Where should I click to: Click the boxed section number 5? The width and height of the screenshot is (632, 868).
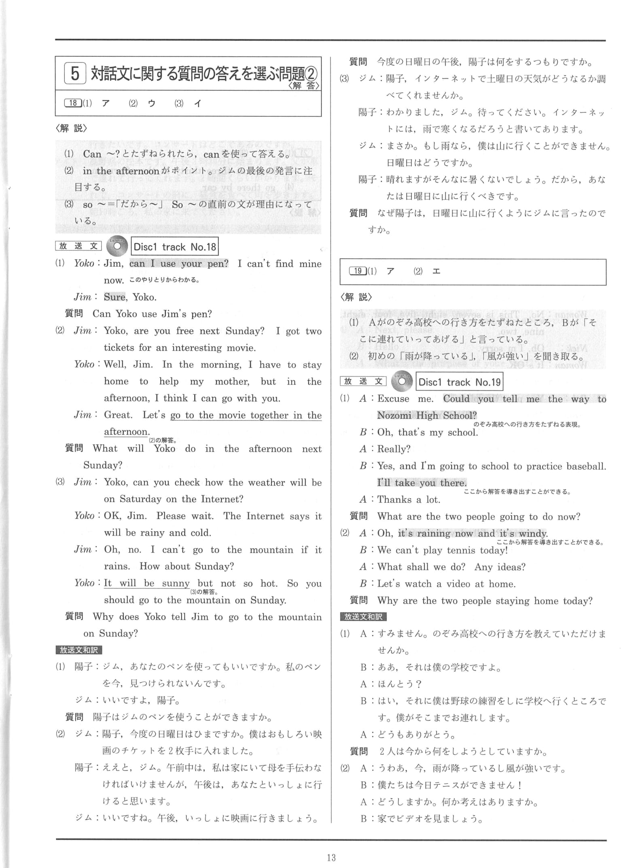[75, 74]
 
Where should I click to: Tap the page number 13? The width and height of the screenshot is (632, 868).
[331, 857]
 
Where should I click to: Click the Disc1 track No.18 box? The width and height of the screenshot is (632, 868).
[175, 247]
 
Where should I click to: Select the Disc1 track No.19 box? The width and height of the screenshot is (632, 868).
[459, 382]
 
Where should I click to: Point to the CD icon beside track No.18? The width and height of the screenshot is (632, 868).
[117, 246]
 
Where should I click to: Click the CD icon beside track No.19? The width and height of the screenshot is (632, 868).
[401, 381]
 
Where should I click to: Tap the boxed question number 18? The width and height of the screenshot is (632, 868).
[73, 103]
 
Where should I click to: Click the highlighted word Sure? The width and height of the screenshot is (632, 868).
[115, 297]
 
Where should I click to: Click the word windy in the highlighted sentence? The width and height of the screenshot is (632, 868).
[533, 534]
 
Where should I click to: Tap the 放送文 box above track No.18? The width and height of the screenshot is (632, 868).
[78, 246]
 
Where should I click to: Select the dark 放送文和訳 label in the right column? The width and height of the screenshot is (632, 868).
[363, 617]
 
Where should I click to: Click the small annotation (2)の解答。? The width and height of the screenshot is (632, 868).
[163, 440]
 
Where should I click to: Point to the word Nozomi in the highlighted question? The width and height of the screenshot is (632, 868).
[394, 415]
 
